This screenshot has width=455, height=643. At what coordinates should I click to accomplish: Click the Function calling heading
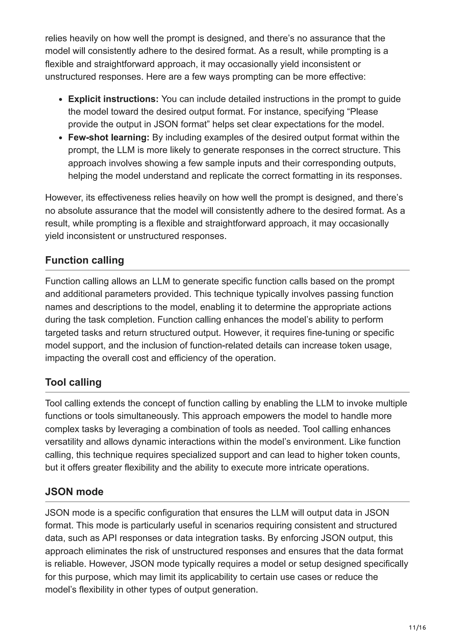[x=84, y=260]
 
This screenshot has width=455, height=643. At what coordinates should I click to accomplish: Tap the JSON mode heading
[x=74, y=492]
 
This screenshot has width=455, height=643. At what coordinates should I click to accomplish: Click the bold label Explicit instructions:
[x=113, y=99]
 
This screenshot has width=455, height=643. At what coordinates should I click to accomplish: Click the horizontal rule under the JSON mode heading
[x=227, y=502]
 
